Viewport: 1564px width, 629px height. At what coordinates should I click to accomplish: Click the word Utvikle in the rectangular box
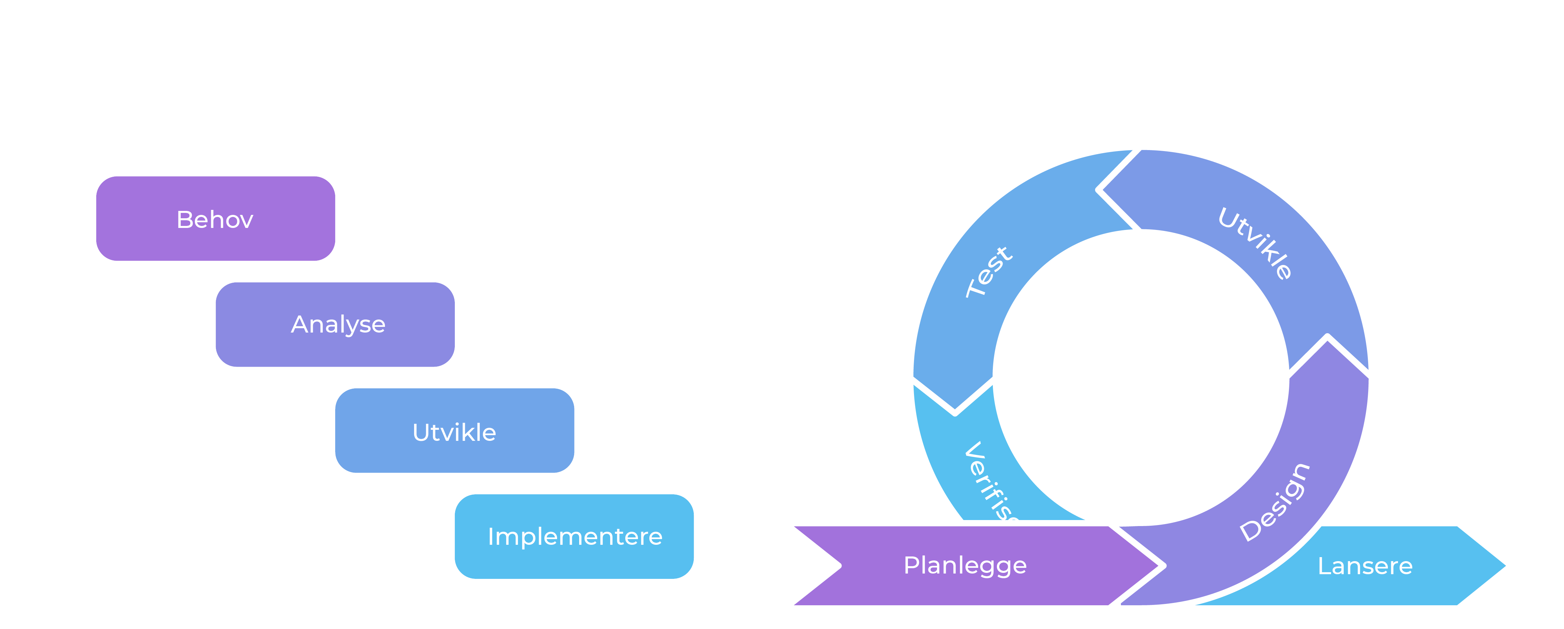(x=454, y=432)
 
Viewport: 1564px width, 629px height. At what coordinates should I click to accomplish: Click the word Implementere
(x=574, y=537)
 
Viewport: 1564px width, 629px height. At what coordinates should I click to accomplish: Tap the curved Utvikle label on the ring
(x=1255, y=243)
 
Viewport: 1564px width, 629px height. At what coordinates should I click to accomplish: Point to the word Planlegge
(x=965, y=565)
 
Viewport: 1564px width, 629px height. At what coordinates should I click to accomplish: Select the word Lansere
(x=1365, y=566)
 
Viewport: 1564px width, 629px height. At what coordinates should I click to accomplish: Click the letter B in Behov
(x=184, y=219)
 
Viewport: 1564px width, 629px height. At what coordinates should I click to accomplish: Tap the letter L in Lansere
(x=1324, y=566)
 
